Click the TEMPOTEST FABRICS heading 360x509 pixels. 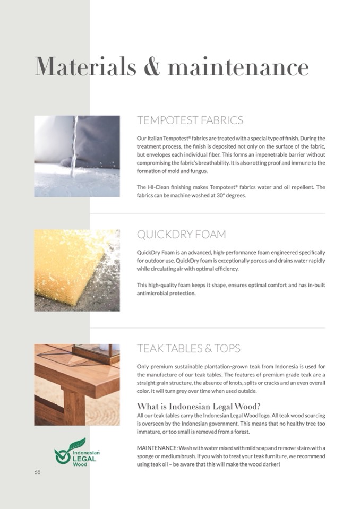(x=190, y=120)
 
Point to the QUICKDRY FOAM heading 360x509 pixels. (x=181, y=235)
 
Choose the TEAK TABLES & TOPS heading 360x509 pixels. (x=188, y=349)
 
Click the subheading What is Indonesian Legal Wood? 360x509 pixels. (x=198, y=407)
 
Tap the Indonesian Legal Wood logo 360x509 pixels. (x=77, y=452)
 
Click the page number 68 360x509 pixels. (x=38, y=472)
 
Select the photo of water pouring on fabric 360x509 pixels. (x=77, y=157)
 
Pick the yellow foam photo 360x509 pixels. (x=77, y=270)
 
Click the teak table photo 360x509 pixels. (x=77, y=384)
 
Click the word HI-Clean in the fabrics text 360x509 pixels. (x=161, y=187)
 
